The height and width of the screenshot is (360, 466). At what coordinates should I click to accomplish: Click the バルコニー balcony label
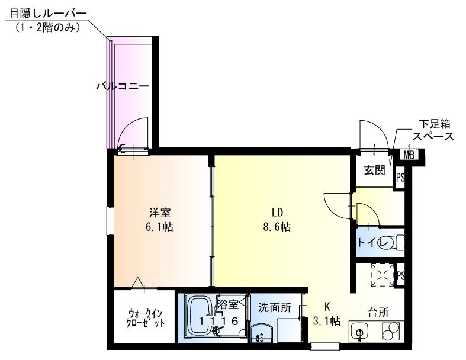(x=123, y=86)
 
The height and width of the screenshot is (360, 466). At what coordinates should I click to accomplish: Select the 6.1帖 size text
(x=160, y=227)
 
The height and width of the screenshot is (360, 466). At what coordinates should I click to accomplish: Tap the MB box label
(x=409, y=156)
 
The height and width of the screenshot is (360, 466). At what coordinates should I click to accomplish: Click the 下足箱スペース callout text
(x=433, y=130)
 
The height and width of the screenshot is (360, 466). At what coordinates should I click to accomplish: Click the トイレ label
(x=373, y=243)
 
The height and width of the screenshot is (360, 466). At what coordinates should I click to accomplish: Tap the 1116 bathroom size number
(x=218, y=321)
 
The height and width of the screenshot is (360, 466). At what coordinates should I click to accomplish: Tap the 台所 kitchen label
(x=378, y=313)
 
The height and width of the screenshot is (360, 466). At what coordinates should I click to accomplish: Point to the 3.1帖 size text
(x=326, y=322)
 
